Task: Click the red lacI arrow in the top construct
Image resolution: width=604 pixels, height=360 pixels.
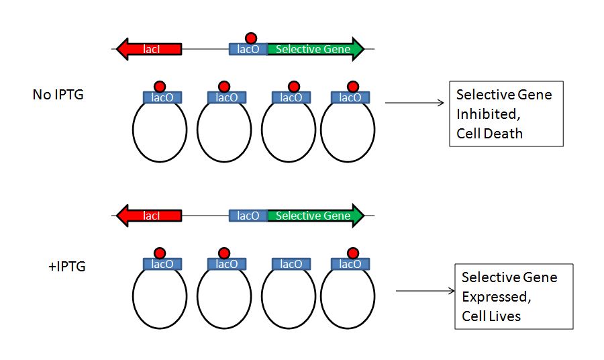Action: (149, 49)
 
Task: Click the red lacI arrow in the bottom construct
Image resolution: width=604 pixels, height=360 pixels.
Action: (149, 216)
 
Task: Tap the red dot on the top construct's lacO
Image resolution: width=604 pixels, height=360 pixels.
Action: (251, 38)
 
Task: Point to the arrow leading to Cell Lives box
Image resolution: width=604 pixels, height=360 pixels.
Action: (425, 291)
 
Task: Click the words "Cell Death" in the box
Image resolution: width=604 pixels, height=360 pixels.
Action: (489, 133)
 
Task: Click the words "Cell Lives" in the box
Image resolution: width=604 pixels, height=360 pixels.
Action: (491, 315)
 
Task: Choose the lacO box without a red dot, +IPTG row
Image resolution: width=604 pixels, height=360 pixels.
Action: (291, 264)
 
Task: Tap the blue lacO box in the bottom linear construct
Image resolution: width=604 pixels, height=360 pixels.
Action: (248, 216)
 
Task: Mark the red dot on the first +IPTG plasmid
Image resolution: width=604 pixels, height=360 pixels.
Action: (160, 253)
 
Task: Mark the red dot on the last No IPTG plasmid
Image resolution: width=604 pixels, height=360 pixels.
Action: (353, 86)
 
